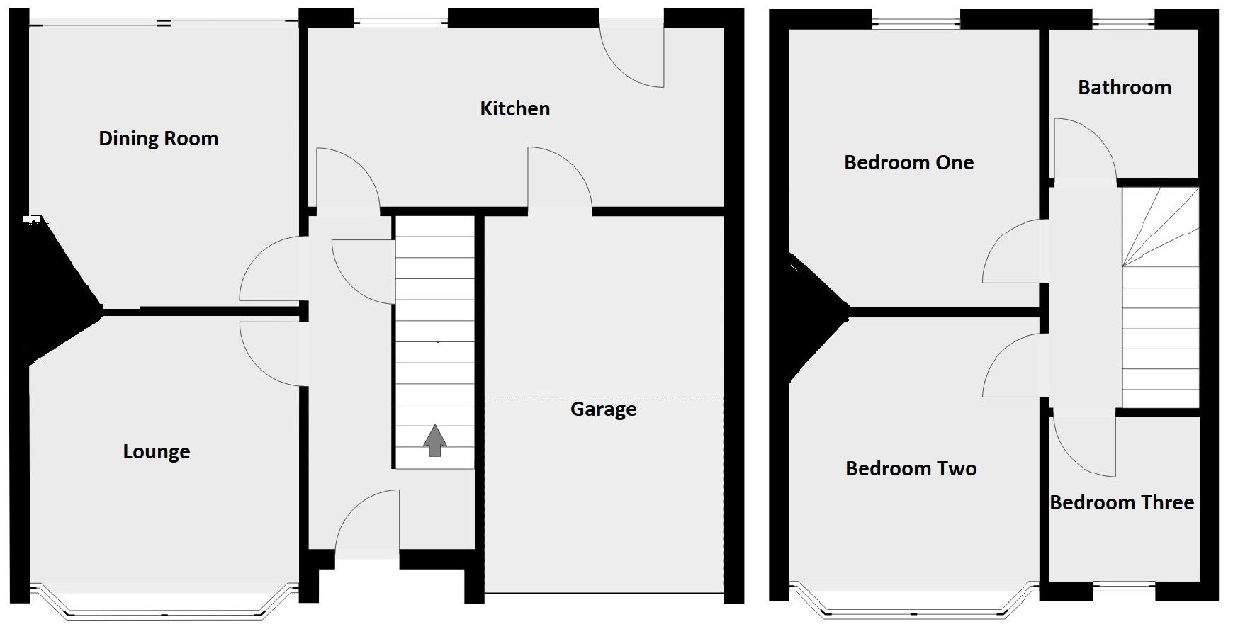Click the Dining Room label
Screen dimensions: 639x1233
click(x=158, y=138)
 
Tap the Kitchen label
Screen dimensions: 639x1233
click(x=514, y=108)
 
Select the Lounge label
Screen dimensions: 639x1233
click(x=157, y=451)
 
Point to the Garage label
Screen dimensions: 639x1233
click(x=603, y=409)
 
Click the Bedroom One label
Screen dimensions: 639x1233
click(x=908, y=162)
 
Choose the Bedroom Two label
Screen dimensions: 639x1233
click(x=911, y=468)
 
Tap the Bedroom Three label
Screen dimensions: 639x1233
click(x=1122, y=502)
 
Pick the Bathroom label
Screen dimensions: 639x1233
click(x=1125, y=87)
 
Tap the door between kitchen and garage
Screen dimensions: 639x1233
click(x=557, y=180)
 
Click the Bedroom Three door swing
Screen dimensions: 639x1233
click(x=1083, y=443)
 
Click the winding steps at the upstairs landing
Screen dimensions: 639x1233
click(x=1159, y=227)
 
